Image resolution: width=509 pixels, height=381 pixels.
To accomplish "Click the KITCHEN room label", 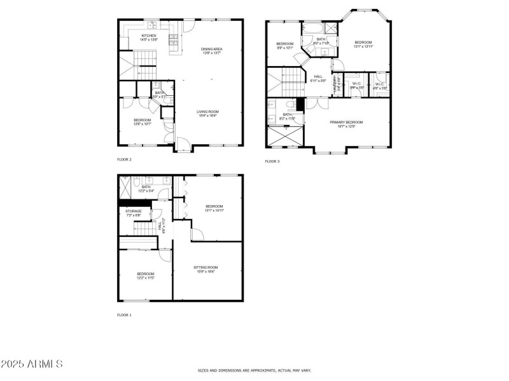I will point(149,36).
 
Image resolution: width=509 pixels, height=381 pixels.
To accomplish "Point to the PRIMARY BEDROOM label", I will point(346,122).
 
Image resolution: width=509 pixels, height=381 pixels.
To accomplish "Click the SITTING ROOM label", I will point(206,267).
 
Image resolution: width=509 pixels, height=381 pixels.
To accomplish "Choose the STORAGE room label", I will point(133,211).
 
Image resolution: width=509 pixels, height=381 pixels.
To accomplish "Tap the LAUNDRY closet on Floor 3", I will point(337,88).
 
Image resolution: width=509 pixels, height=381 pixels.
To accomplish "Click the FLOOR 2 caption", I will point(124,159).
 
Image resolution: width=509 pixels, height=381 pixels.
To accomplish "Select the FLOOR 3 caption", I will point(272,161).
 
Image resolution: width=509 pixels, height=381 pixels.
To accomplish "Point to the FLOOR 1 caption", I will point(124,314).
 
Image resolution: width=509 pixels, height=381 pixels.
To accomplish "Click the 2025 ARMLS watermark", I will point(32,364).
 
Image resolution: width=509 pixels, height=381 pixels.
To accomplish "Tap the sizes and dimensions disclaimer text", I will point(254,370).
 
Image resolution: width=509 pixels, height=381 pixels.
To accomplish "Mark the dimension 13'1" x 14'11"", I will point(214,210).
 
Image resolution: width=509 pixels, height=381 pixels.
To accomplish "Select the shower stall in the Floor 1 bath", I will point(126,186).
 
